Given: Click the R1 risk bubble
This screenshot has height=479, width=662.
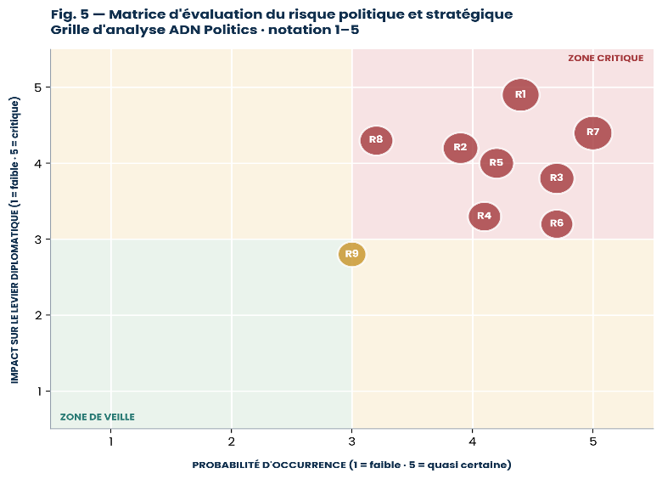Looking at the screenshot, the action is pyautogui.click(x=520, y=94).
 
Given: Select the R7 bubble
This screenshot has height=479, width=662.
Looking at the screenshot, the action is pyautogui.click(x=592, y=132).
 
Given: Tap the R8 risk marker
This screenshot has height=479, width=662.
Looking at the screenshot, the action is pyautogui.click(x=376, y=140).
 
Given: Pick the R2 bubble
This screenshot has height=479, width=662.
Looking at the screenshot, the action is pyautogui.click(x=460, y=148).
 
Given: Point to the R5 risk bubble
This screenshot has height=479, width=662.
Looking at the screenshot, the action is pyautogui.click(x=496, y=163).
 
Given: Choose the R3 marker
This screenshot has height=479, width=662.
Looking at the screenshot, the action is pyautogui.click(x=557, y=178).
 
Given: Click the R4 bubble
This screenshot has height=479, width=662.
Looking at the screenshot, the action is pyautogui.click(x=485, y=217).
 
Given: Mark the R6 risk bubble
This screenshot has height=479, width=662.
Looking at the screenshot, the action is pyautogui.click(x=557, y=223).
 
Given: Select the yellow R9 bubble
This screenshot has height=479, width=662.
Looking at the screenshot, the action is pyautogui.click(x=351, y=254).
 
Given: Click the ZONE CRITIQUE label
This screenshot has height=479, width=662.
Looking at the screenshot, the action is pyautogui.click(x=605, y=59).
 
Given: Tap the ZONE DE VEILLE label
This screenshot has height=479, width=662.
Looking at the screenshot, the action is pyautogui.click(x=97, y=417).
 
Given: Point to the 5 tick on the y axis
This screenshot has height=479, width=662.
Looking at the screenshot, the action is pyautogui.click(x=38, y=87).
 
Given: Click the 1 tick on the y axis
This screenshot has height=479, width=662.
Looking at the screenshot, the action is pyautogui.click(x=39, y=392).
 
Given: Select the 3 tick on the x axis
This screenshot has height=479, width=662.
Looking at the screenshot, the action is pyautogui.click(x=351, y=442).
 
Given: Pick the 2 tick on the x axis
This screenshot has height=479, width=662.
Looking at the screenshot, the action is pyautogui.click(x=232, y=442).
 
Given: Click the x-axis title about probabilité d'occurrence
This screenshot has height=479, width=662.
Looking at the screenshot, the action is pyautogui.click(x=351, y=465).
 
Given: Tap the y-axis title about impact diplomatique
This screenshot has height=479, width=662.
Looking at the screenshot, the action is pyautogui.click(x=14, y=239).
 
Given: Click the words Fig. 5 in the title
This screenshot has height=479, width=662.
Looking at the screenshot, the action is pyautogui.click(x=70, y=14).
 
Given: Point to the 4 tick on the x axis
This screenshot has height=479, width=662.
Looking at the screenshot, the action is pyautogui.click(x=473, y=442).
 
